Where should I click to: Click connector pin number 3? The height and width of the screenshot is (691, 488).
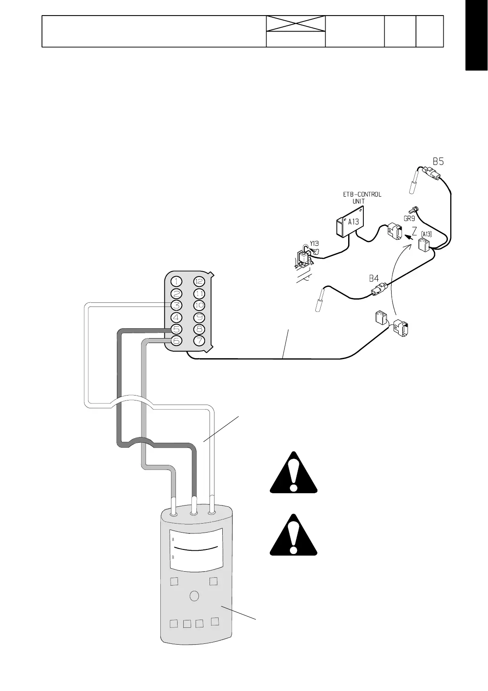(x=176, y=305)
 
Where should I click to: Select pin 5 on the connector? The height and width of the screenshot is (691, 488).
(x=176, y=329)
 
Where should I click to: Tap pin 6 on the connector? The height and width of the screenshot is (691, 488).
(x=176, y=341)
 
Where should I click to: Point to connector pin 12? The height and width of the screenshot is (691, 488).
(x=199, y=281)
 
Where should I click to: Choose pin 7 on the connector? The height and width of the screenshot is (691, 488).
(x=199, y=341)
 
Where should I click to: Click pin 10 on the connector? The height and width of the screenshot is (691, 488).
(x=199, y=305)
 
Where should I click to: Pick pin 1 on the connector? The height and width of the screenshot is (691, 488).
(x=176, y=281)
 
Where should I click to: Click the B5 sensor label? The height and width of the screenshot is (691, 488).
(x=438, y=161)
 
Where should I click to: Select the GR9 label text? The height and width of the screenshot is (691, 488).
(x=409, y=219)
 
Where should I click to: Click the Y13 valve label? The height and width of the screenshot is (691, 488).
(x=314, y=243)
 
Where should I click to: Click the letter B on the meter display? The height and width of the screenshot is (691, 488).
(x=173, y=557)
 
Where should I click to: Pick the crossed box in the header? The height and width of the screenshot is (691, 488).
(x=296, y=24)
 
